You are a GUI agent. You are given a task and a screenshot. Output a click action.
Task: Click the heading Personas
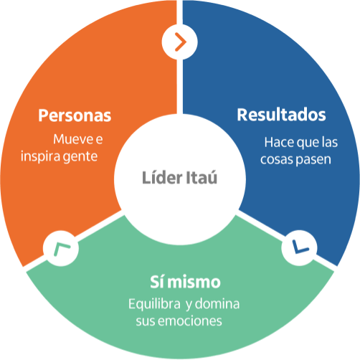75,115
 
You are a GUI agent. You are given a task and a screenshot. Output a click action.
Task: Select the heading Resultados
281,115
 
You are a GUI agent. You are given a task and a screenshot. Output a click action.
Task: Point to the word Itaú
202,177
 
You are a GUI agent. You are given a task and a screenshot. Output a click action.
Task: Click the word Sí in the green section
157,282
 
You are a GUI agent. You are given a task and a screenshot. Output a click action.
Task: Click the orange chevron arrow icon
181,42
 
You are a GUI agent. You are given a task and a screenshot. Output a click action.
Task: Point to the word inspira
40,157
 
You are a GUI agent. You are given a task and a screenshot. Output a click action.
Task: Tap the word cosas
275,160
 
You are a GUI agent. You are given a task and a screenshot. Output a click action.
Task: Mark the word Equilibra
154,304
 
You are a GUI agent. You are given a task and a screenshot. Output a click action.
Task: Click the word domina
217,304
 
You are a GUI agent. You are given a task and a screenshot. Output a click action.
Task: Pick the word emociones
190,321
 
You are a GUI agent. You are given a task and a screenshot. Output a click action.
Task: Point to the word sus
146,321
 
